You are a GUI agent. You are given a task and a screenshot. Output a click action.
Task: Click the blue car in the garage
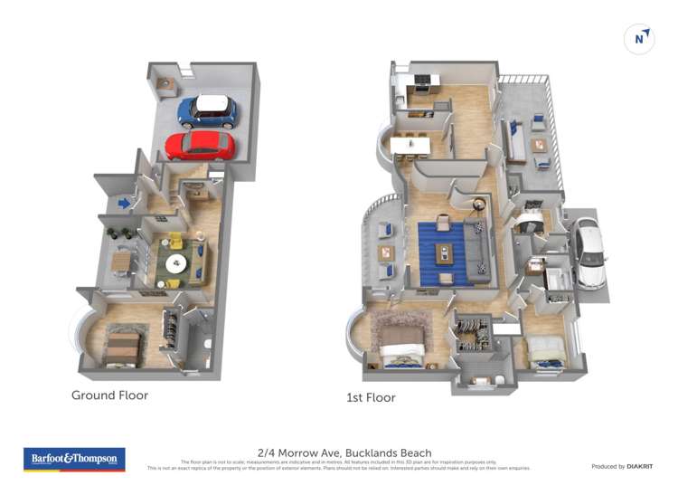(x=207, y=110)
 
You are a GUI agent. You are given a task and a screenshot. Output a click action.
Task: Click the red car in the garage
(x=200, y=145)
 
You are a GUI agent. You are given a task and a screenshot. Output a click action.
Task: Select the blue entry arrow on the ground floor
(x=125, y=203)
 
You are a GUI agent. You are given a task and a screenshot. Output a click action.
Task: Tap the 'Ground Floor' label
(x=109, y=395)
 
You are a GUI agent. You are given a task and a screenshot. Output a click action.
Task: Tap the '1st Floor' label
(x=371, y=397)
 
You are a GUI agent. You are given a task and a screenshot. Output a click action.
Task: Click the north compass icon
(x=639, y=39)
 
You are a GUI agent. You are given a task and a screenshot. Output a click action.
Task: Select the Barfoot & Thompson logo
(x=74, y=459)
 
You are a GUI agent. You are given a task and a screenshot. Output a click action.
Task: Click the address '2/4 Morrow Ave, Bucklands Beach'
(x=344, y=452)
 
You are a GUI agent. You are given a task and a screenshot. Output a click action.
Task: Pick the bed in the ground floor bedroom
(x=123, y=348)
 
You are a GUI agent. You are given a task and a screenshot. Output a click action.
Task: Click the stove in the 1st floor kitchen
(x=422, y=82)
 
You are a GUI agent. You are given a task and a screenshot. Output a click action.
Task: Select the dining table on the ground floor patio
(x=121, y=263)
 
